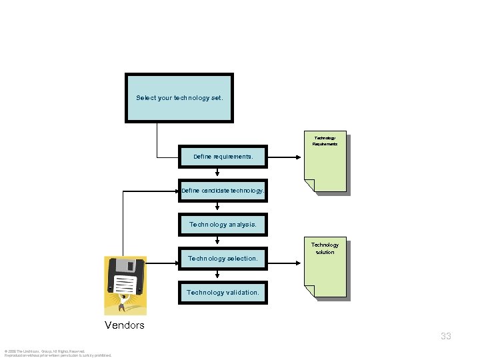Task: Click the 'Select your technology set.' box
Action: click(179, 98)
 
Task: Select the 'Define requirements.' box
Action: click(223, 157)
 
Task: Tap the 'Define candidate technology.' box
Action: click(223, 191)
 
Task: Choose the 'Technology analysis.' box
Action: click(223, 225)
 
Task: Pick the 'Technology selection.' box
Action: click(223, 258)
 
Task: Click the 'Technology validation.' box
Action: click(223, 292)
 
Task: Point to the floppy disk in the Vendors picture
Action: click(126, 277)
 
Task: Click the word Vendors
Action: click(125, 325)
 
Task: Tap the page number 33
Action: click(446, 336)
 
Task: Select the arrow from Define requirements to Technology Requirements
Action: click(284, 158)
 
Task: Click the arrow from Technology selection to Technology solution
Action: click(284, 258)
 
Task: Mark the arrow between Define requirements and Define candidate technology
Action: click(217, 174)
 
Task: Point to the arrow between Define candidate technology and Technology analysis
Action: click(217, 208)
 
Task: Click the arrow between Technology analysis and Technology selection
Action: click(217, 241)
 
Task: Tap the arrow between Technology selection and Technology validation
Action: click(217, 275)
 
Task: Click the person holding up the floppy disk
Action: click(123, 303)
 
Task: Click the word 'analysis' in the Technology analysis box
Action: click(243, 225)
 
